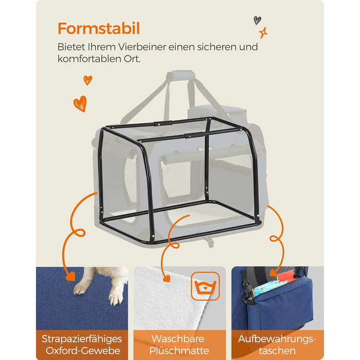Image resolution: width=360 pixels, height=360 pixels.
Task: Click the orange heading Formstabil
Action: tap(99, 28)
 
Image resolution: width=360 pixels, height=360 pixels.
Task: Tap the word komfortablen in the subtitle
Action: tap(89, 59)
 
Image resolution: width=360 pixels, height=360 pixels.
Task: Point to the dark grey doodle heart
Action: tap(257, 20)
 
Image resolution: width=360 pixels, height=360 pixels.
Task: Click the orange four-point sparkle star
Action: tap(263, 32)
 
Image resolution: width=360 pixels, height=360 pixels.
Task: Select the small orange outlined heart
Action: tap(88, 80)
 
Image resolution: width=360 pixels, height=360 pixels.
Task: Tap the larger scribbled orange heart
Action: tap(80, 104)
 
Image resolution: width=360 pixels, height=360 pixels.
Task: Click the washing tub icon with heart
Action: tap(205, 286)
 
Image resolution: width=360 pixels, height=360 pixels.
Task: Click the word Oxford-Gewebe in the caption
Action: tap(83, 351)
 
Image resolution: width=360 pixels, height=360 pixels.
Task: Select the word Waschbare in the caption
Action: tap(178, 339)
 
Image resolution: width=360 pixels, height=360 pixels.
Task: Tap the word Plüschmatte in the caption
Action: tap(179, 351)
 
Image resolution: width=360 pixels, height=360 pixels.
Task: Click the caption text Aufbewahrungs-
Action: tap(277, 339)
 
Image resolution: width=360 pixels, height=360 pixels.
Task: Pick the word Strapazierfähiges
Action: tap(82, 339)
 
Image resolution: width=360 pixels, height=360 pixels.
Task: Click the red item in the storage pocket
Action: tap(286, 277)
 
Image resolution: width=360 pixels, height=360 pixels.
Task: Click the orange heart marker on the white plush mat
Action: tap(167, 279)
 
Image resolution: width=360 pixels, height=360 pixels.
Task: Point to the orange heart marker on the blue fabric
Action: tap(70, 277)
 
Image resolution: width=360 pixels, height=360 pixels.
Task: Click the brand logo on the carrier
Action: tap(205, 149)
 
